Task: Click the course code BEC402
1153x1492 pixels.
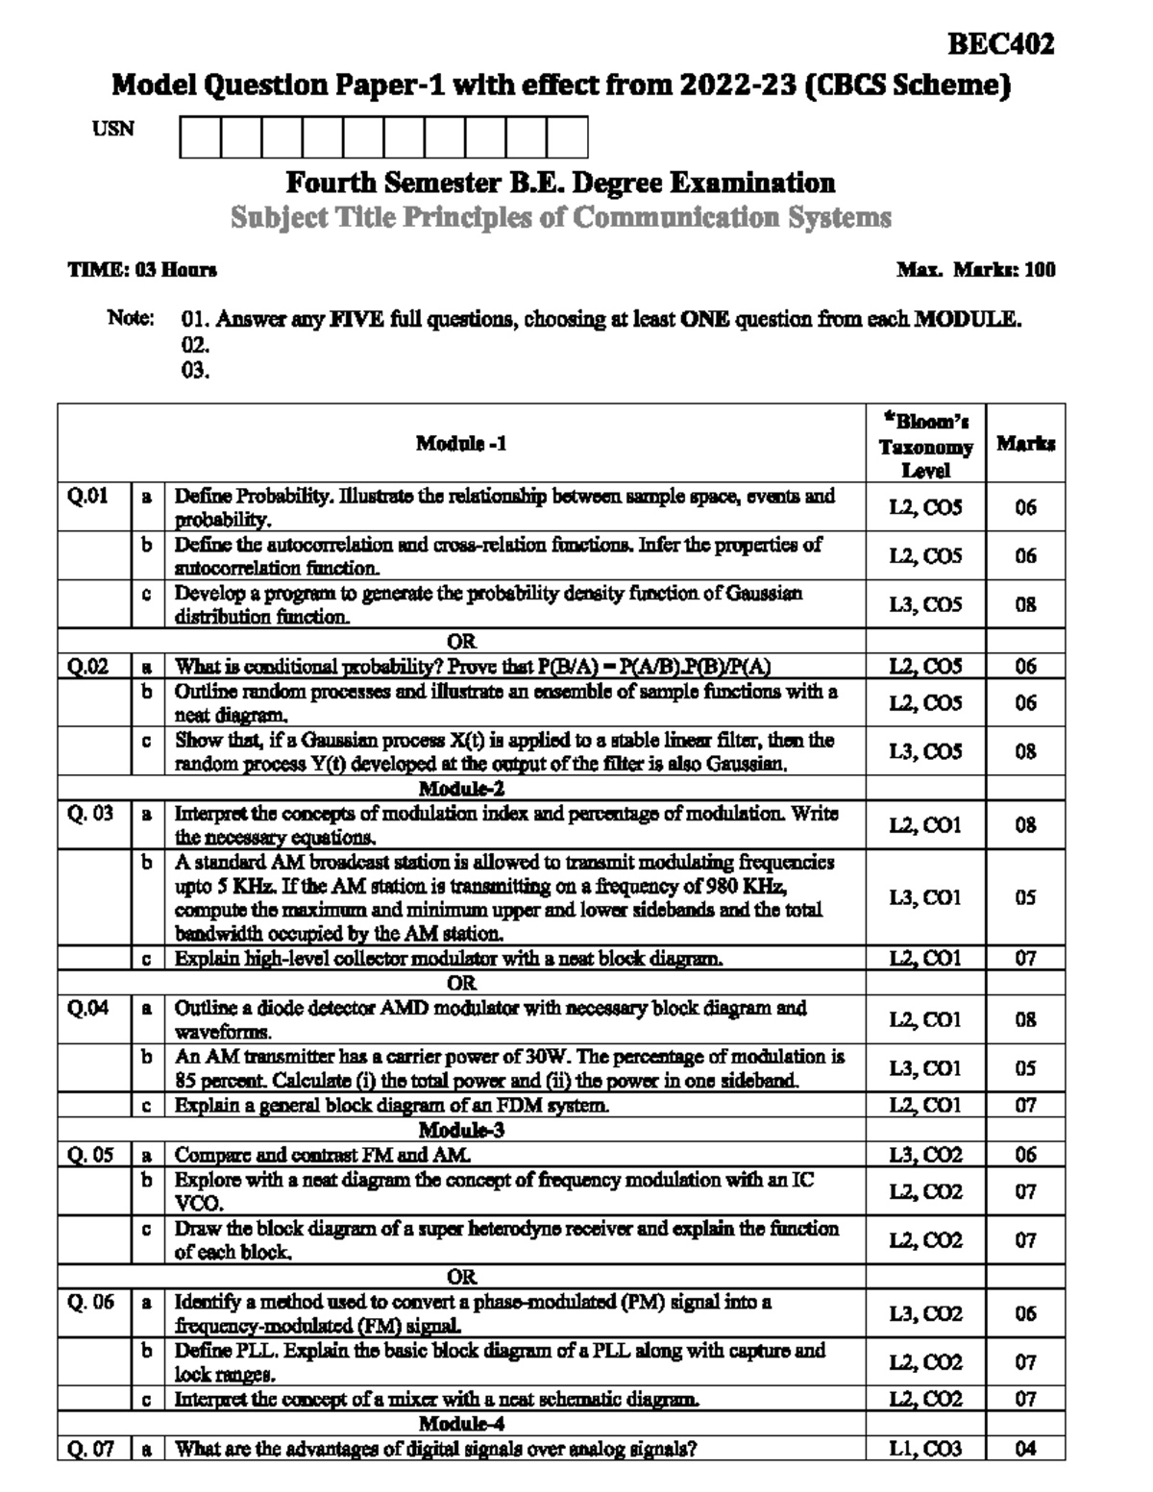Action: [x=1001, y=44]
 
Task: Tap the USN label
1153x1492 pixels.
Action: [x=113, y=129]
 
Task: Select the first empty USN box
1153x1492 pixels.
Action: [x=200, y=136]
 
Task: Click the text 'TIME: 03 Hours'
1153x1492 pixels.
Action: [x=142, y=270]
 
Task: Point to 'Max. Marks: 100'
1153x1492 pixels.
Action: [x=976, y=270]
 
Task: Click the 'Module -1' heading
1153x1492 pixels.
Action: [x=461, y=443]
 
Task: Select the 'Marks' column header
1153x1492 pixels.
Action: [x=1025, y=443]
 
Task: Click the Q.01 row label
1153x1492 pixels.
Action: [x=87, y=497]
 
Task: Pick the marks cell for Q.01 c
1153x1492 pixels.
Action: [x=1025, y=604]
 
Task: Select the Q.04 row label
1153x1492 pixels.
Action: [x=86, y=1008]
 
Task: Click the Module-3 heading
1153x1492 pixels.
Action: [x=461, y=1130]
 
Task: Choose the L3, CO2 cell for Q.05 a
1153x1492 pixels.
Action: [x=925, y=1155]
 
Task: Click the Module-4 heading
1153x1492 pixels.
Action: [x=461, y=1423]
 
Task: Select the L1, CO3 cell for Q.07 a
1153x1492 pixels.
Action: [x=925, y=1448]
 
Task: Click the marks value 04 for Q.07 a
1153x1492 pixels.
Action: [x=1025, y=1448]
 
